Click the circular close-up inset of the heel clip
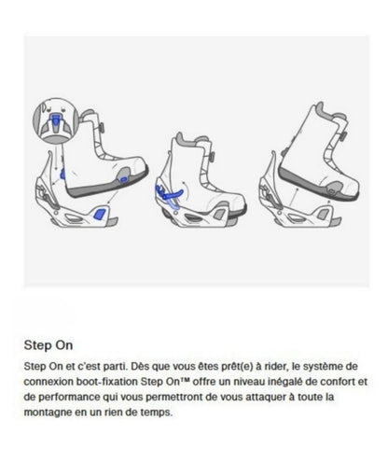coord(56,120)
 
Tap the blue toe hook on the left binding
coord(100,214)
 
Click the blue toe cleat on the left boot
coord(123,179)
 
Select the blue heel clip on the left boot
coord(62,174)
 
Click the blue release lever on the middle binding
coord(167,193)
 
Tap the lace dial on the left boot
coord(102,127)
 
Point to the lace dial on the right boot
coord(343,136)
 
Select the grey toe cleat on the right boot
coord(333,189)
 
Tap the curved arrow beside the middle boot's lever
coord(186,190)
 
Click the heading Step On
coord(48,345)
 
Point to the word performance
coord(70,397)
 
